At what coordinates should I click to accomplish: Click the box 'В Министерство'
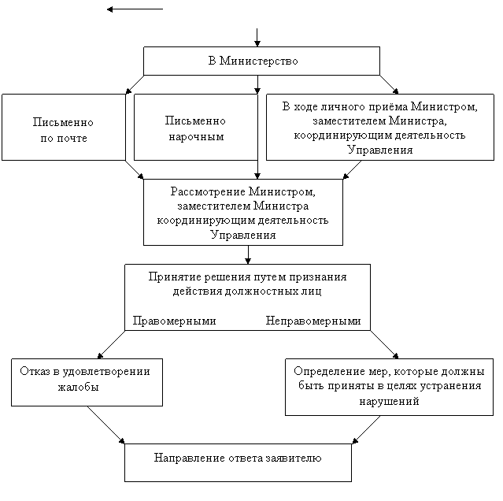[261, 61]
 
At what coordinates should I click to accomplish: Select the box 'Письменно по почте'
[63, 127]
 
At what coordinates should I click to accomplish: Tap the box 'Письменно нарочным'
[195, 127]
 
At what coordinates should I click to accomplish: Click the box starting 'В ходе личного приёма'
[379, 127]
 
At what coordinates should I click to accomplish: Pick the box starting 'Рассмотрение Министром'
[242, 212]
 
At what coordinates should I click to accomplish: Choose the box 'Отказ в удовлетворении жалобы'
[86, 383]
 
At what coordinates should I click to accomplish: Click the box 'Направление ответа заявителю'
[238, 462]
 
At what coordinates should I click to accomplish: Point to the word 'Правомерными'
[174, 321]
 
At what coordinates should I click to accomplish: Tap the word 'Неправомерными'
[313, 321]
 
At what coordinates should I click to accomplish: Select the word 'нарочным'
[196, 136]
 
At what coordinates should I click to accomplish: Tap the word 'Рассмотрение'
[204, 191]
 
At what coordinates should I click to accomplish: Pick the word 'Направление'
[187, 457]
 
